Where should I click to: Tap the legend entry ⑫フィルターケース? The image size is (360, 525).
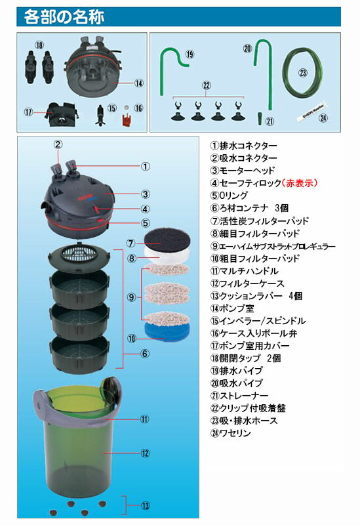(247, 283)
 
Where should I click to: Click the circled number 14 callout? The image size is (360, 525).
(138, 83)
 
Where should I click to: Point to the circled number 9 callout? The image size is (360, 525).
(132, 297)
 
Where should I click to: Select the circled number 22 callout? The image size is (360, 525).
(208, 86)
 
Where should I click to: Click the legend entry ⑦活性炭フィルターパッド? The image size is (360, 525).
(258, 221)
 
